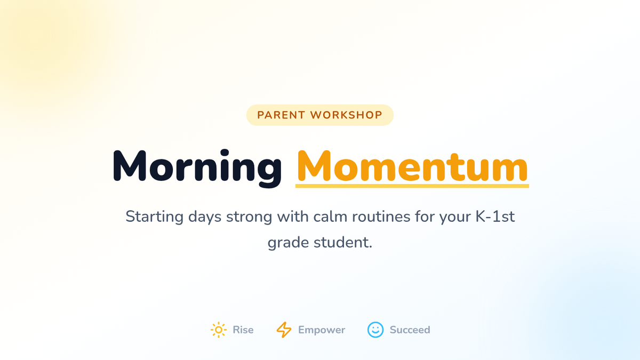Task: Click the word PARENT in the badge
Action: [282, 115]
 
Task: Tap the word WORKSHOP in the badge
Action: [346, 115]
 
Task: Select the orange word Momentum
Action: [412, 166]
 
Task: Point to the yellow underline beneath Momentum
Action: [412, 186]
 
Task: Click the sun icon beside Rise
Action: [219, 330]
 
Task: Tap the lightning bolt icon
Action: [284, 330]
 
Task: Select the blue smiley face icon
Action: [375, 330]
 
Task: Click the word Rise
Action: [243, 330]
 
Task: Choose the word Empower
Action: [322, 330]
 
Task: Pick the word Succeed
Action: [410, 330]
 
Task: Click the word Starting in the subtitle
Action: [155, 217]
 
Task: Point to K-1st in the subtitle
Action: [495, 217]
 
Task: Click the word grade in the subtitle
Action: [289, 243]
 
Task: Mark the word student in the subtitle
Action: [343, 243]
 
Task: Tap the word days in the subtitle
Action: [205, 217]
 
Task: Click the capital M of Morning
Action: [130, 166]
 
